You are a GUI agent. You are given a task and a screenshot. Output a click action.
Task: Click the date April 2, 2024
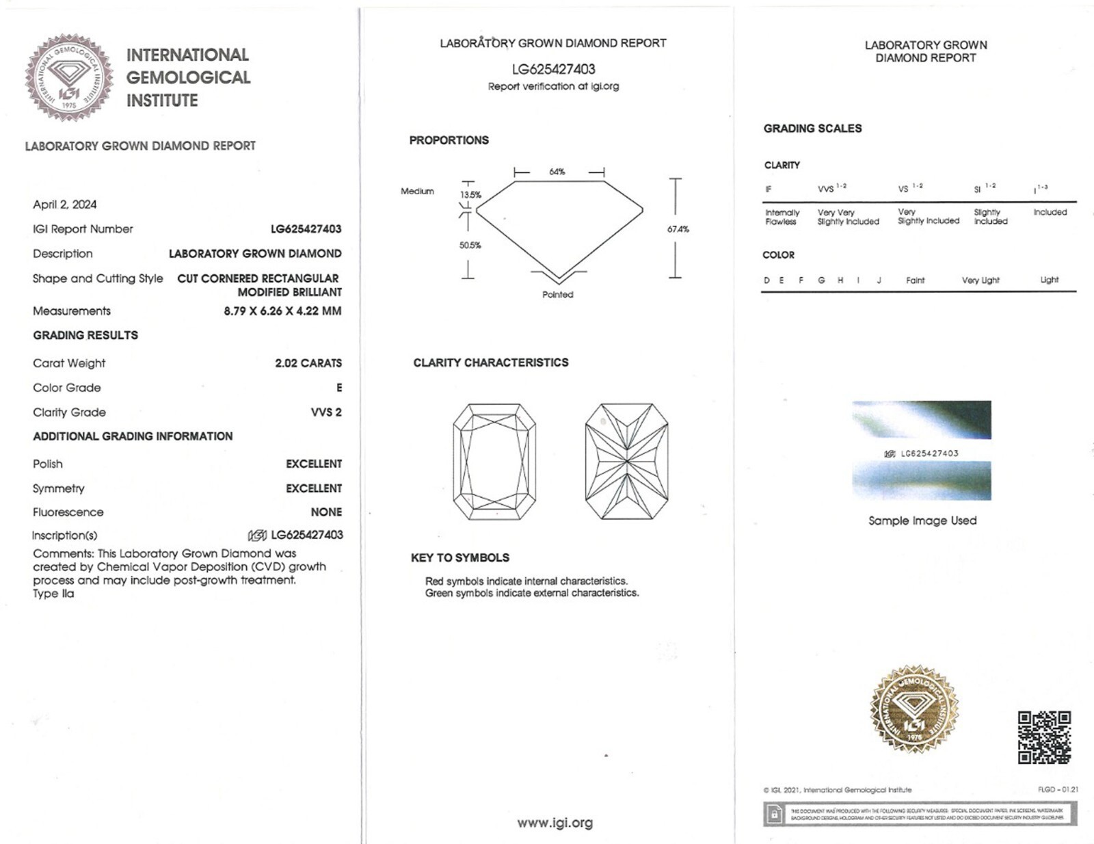65,205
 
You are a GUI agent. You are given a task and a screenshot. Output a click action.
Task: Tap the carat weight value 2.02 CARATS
308,363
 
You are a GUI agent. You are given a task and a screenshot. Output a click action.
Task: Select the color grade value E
339,388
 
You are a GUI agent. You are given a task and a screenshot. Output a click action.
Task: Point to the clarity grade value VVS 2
326,412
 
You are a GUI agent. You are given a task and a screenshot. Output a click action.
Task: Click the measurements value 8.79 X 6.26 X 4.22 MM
282,311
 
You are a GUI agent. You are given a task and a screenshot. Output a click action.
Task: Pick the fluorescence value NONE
326,512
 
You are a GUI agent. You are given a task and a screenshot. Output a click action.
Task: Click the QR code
1044,737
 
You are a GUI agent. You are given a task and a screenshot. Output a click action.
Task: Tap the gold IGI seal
914,709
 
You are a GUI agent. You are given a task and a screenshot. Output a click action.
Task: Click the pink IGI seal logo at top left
69,77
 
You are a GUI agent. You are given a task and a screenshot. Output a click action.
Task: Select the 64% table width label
557,172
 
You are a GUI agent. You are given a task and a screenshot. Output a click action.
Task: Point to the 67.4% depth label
678,229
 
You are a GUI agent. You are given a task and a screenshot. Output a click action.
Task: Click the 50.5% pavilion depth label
470,245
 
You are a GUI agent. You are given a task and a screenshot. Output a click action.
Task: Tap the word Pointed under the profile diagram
558,295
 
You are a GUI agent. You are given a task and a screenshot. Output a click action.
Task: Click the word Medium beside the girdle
417,192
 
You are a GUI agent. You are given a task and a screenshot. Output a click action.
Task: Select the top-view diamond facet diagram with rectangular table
494,462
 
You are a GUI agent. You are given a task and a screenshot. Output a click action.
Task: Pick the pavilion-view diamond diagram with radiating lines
626,462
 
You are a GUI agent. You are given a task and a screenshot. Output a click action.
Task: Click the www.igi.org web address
555,823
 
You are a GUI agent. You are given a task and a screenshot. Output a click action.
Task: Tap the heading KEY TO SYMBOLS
460,558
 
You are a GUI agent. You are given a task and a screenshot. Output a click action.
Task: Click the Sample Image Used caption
922,521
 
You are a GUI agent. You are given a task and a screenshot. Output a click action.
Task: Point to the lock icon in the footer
774,814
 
